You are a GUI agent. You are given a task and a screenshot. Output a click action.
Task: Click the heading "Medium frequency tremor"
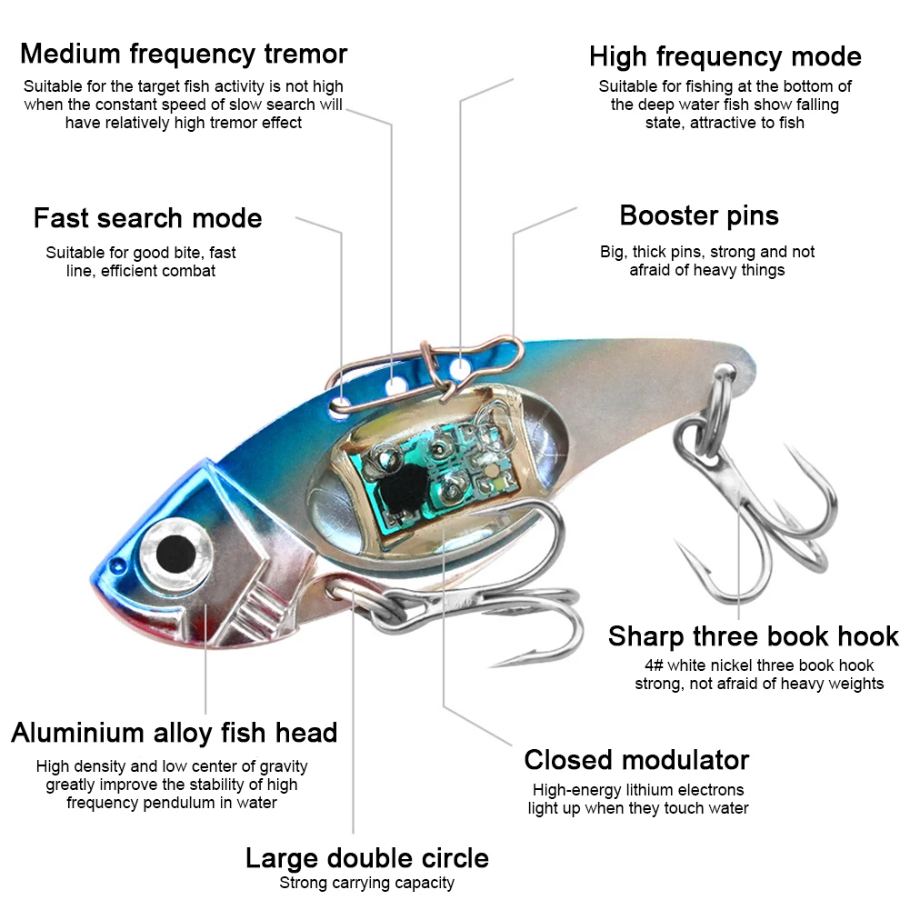pyautogui.click(x=184, y=54)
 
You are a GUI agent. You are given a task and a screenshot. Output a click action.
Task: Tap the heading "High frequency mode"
pyautogui.click(x=725, y=57)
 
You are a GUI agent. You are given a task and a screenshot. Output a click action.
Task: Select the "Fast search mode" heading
pyautogui.click(x=147, y=218)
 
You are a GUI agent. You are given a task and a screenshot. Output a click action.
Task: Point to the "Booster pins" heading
pyautogui.click(x=699, y=215)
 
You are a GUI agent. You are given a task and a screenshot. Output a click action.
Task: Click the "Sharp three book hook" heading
pyautogui.click(x=754, y=636)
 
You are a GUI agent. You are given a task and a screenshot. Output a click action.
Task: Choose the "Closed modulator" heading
pyautogui.click(x=636, y=760)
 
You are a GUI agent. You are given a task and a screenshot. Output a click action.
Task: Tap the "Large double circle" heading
pyautogui.click(x=366, y=858)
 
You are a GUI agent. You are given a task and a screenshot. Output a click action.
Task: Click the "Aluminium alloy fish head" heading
pyautogui.click(x=175, y=733)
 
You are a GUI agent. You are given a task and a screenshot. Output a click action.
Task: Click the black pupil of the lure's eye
pyautogui.click(x=175, y=553)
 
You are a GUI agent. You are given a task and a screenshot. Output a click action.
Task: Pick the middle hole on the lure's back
pyautogui.click(x=397, y=385)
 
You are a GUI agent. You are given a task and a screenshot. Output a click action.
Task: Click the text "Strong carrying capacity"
pyautogui.click(x=366, y=883)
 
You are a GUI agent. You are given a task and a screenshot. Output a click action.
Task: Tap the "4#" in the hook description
pyautogui.click(x=654, y=665)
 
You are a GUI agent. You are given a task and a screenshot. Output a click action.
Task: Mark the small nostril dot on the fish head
pyautogui.click(x=118, y=565)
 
